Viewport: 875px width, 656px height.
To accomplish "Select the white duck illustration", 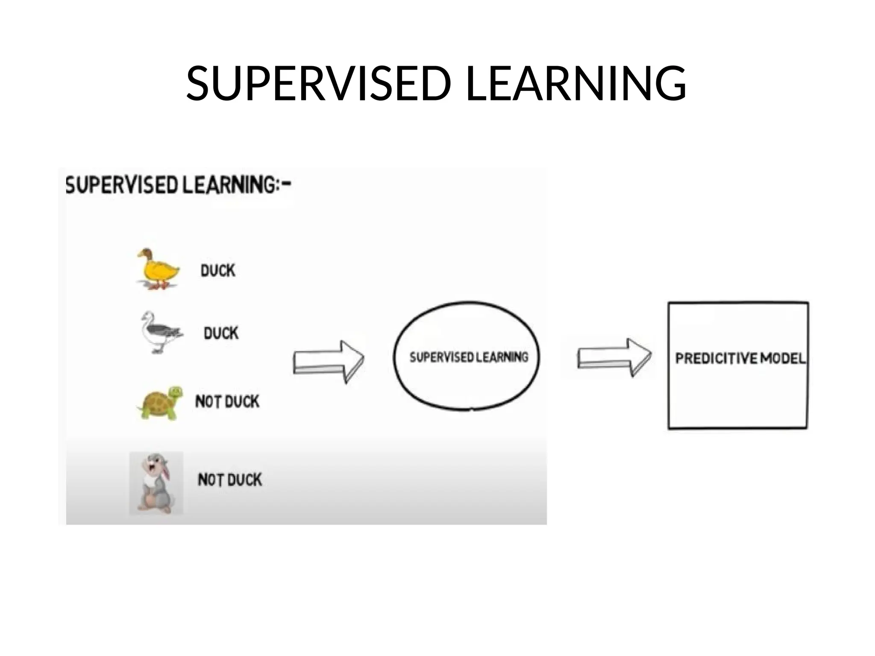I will click(x=160, y=332).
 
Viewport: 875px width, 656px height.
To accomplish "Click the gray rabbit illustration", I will click(x=156, y=482).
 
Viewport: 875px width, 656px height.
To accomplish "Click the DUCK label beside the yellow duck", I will click(x=218, y=270).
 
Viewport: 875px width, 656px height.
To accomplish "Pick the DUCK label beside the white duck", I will click(x=221, y=333).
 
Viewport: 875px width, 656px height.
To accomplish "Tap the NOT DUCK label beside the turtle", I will click(x=227, y=401).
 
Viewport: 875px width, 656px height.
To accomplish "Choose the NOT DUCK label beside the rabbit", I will click(x=230, y=480).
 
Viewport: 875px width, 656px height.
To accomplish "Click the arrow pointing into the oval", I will click(x=328, y=361).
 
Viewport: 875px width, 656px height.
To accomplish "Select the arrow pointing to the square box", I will click(x=614, y=357).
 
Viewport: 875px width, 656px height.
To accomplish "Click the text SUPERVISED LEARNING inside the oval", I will click(x=469, y=357).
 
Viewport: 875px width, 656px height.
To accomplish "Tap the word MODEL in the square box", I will click(x=783, y=358).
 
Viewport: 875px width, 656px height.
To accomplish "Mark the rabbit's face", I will click(x=155, y=463).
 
